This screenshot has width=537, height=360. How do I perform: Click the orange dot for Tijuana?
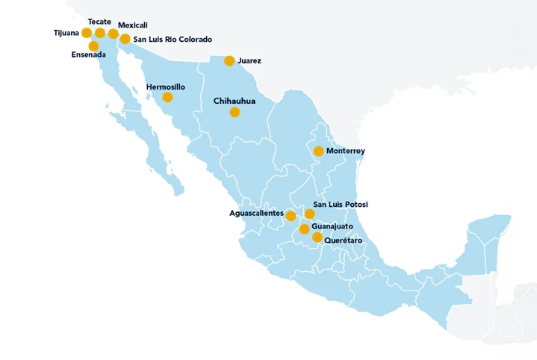point(87,33)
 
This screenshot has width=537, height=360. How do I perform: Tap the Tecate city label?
point(99,22)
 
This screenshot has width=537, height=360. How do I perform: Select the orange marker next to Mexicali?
point(113,34)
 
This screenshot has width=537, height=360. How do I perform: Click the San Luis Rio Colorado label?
point(173,39)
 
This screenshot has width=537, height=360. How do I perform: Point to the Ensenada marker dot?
point(93,46)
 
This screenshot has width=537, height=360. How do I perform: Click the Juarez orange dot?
point(229,61)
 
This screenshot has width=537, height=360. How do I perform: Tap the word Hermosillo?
point(166,87)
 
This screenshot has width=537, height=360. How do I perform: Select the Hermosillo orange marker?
point(167,97)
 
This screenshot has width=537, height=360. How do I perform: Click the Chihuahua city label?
point(235,100)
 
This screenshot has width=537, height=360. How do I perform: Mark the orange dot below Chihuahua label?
point(235,112)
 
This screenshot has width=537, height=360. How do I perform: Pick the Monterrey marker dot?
point(318,151)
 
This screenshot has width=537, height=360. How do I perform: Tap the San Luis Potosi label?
point(341,205)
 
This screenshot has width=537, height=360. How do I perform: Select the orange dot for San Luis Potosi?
point(310,214)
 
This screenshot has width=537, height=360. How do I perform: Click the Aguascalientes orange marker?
point(291,216)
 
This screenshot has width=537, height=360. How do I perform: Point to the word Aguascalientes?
point(256,214)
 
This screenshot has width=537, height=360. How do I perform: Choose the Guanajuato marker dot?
point(304,229)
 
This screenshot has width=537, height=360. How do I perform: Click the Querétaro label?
point(344,240)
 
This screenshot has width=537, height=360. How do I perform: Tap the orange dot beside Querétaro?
point(317,238)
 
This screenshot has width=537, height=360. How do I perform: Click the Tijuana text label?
point(66,33)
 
